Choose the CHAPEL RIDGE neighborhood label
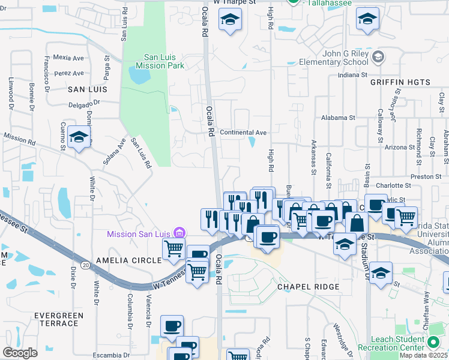(x=308, y=287)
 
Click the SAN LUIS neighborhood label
(x=87, y=89)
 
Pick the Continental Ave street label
(x=243, y=132)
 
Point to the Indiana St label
(x=352, y=75)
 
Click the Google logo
(x=20, y=352)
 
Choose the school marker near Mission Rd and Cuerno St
(x=79, y=137)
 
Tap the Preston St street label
(x=427, y=177)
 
